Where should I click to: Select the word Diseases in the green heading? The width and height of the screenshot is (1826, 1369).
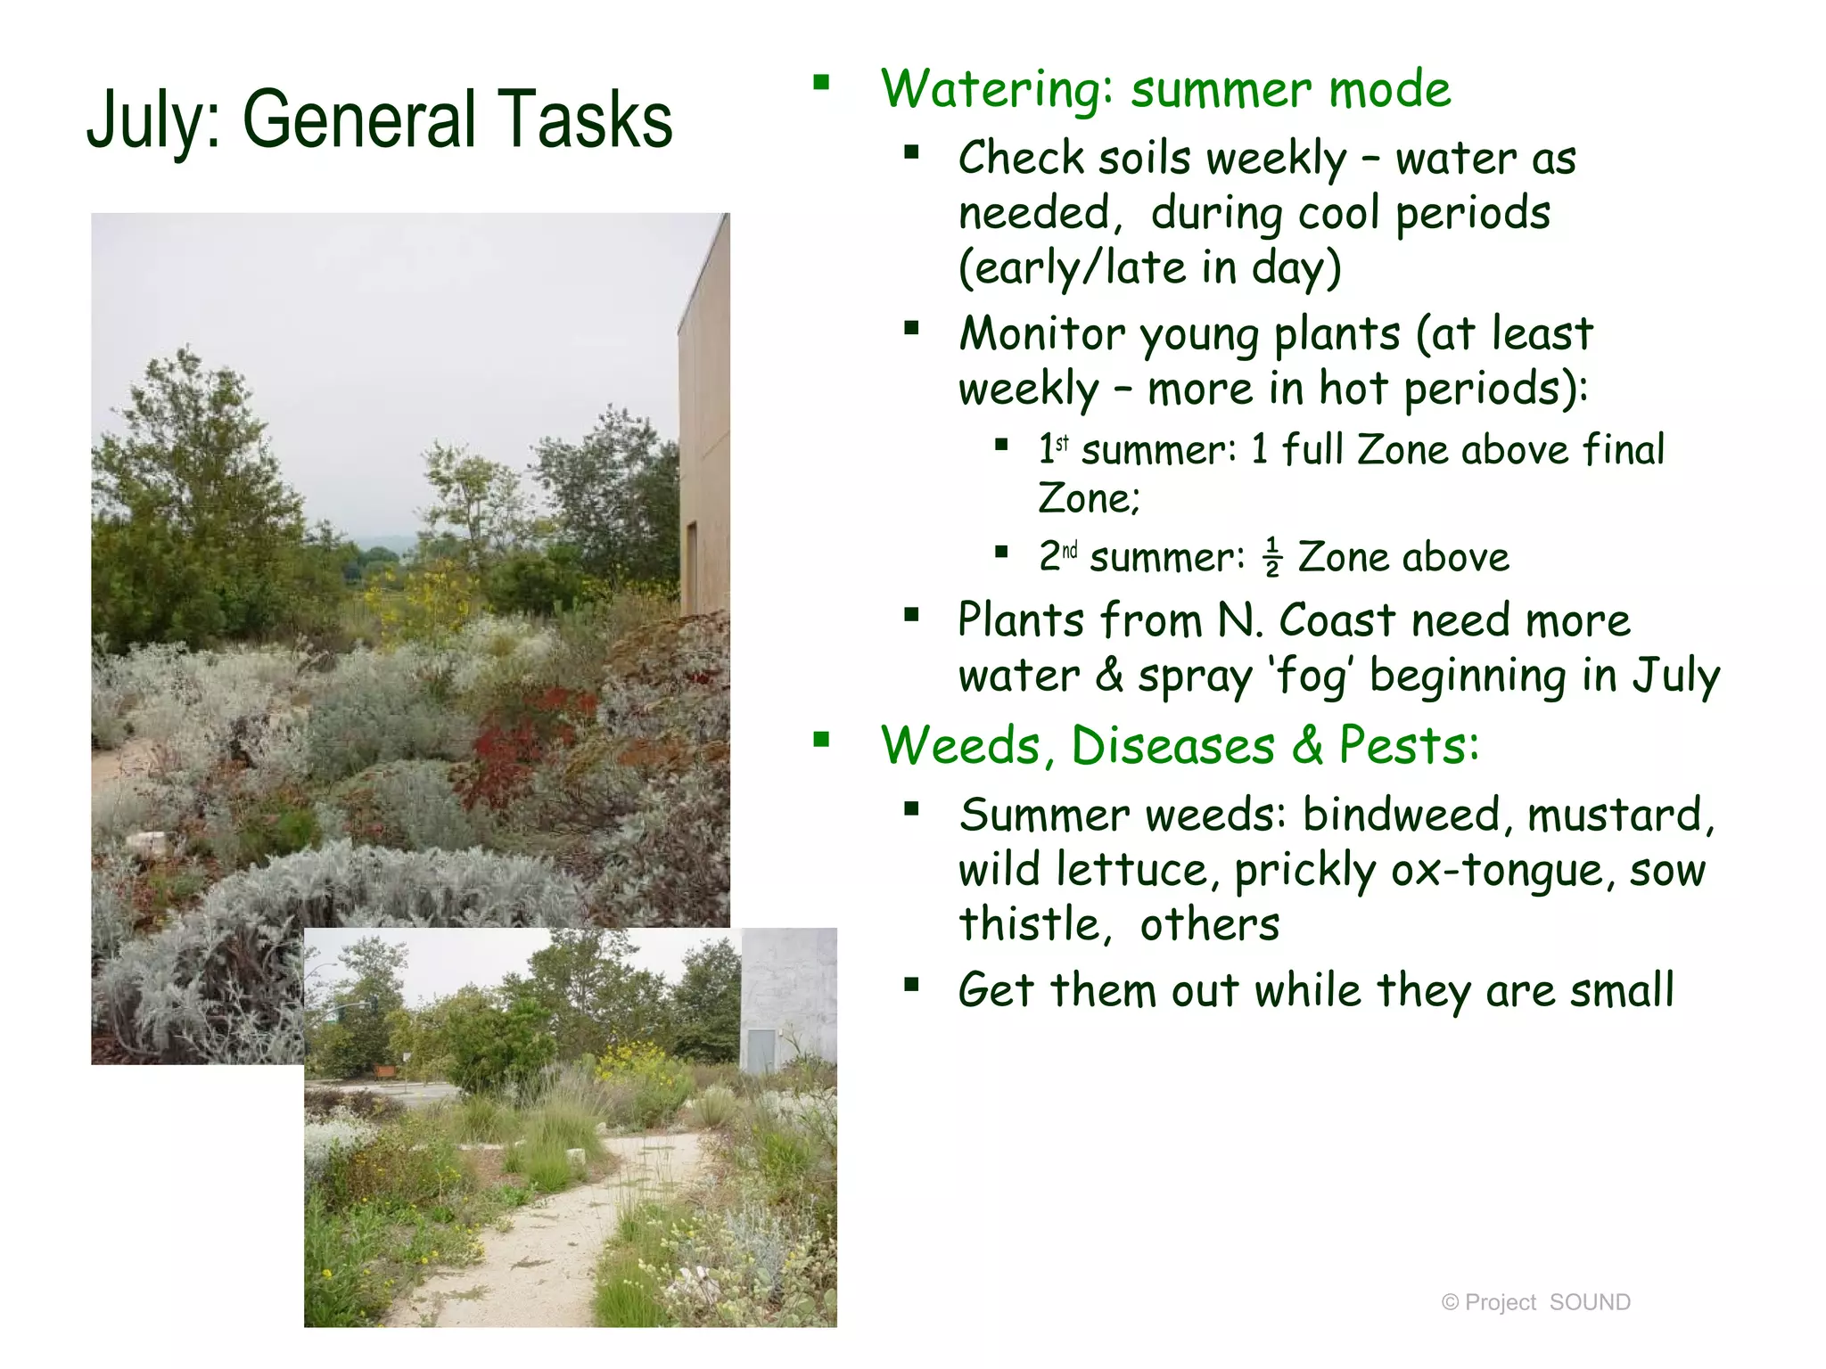tap(1172, 745)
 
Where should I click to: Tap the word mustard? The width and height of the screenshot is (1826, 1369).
tap(1618, 815)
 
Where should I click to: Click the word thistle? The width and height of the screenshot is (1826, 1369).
tap(1032, 924)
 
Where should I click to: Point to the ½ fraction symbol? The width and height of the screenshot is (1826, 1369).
tap(1272, 558)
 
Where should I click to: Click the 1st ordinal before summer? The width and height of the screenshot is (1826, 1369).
tap(1054, 447)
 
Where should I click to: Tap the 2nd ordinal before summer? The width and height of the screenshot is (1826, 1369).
tap(1058, 556)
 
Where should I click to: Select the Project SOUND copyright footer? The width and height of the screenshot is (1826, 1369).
tap(1535, 1302)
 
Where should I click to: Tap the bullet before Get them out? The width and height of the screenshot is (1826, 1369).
tap(910, 985)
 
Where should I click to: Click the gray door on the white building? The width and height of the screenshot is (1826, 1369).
tap(760, 1051)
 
